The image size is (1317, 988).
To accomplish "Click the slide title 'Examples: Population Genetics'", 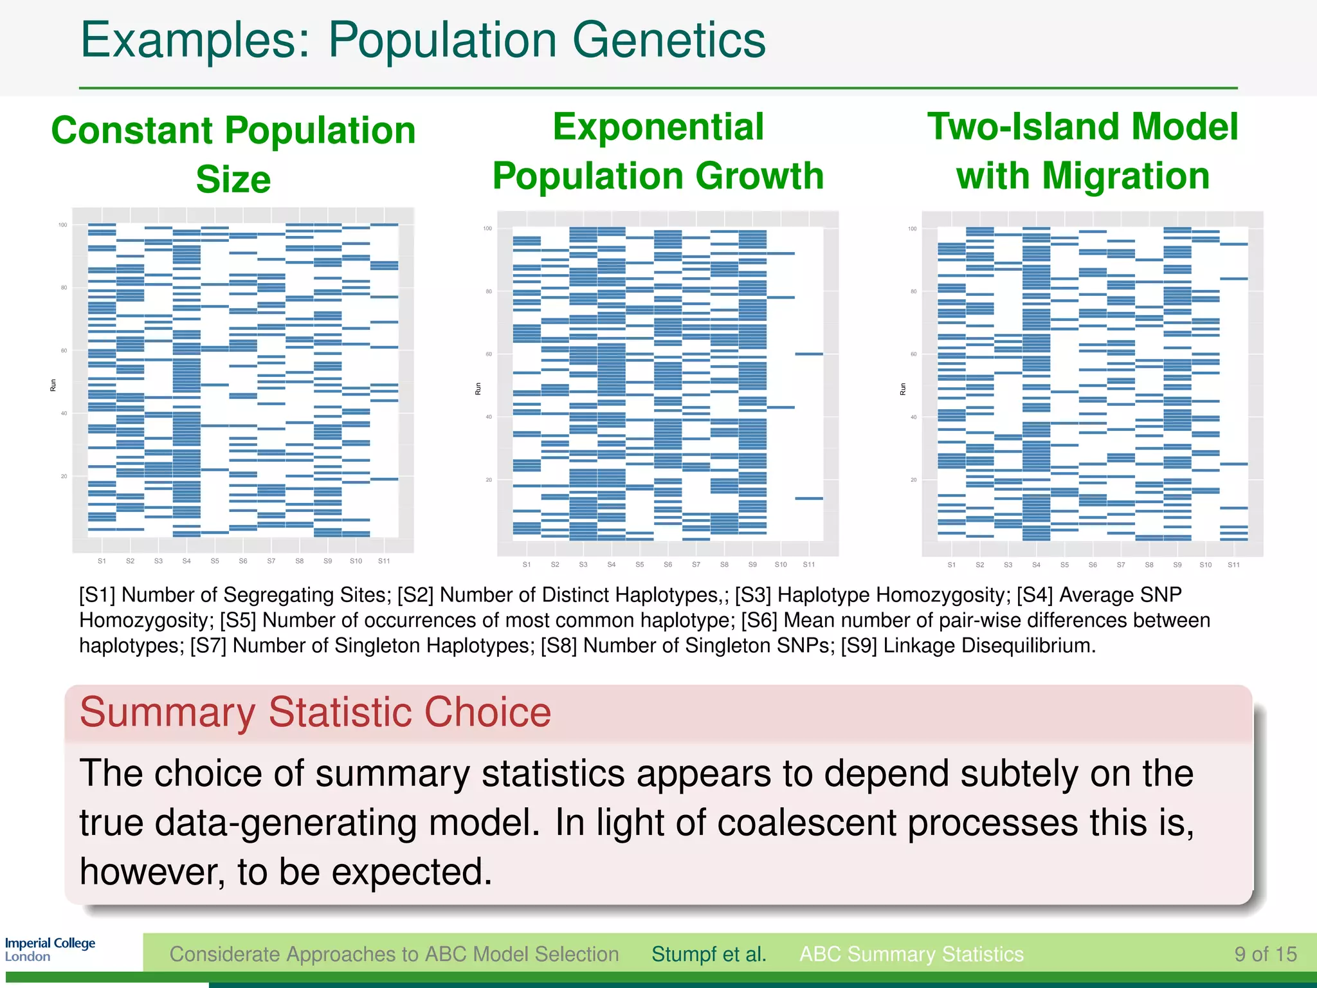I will tap(422, 40).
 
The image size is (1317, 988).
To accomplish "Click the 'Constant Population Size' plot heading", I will tap(233, 154).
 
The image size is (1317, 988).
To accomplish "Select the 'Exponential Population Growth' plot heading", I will tap(658, 151).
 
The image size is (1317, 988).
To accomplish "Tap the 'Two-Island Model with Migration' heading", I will tap(1082, 151).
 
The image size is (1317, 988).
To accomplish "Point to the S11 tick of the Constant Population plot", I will tap(384, 561).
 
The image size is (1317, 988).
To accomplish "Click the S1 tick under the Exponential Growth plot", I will tap(527, 565).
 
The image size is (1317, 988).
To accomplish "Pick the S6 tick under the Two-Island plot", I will tap(1093, 565).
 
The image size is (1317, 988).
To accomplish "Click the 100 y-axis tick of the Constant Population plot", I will tap(62, 225).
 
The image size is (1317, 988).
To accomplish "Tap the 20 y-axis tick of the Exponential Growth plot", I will tap(489, 480).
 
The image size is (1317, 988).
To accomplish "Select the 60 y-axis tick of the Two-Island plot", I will tap(913, 354).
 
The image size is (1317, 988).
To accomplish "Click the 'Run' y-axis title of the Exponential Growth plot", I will tap(478, 389).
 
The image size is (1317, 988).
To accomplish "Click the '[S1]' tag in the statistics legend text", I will tap(97, 595).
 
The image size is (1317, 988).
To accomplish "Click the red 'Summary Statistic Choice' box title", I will tap(315, 712).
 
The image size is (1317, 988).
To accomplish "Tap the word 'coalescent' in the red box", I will tap(806, 823).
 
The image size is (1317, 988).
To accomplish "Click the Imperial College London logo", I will tap(50, 949).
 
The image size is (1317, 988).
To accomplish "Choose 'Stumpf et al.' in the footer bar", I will tap(709, 954).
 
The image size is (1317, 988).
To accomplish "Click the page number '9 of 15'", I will tap(1265, 954).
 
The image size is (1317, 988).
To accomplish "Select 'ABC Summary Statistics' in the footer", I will tap(911, 954).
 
